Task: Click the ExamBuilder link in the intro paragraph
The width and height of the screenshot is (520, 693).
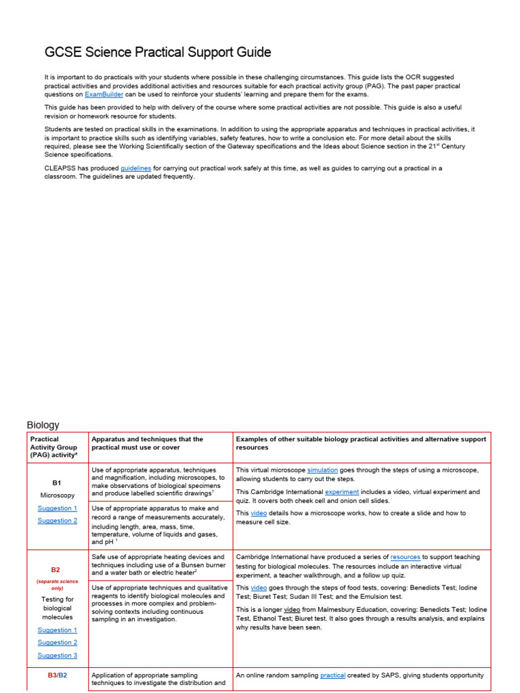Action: [x=103, y=95]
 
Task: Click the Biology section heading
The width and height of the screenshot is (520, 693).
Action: [x=43, y=425]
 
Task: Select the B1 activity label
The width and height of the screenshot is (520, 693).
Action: [x=57, y=483]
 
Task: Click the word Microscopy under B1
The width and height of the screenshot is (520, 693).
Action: [x=57, y=495]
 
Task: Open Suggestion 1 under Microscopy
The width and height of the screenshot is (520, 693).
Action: [x=57, y=508]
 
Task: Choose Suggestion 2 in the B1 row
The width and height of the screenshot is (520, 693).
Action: [x=57, y=520]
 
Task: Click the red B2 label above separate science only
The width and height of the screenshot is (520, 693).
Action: [x=57, y=570]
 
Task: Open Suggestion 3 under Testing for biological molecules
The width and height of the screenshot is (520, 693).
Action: [x=57, y=655]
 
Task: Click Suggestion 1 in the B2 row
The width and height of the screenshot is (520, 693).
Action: [x=57, y=630]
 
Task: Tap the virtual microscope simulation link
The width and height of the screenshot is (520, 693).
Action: [x=322, y=470]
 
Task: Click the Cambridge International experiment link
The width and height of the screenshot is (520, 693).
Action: [x=342, y=492]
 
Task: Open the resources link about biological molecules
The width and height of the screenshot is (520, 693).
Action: [x=405, y=557]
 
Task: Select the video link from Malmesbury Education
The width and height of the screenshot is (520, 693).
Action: [x=291, y=609]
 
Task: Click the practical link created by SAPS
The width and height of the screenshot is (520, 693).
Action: [x=332, y=675]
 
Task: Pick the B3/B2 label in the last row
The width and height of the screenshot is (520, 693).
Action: [x=57, y=675]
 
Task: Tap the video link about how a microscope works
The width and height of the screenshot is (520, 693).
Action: [x=259, y=513]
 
